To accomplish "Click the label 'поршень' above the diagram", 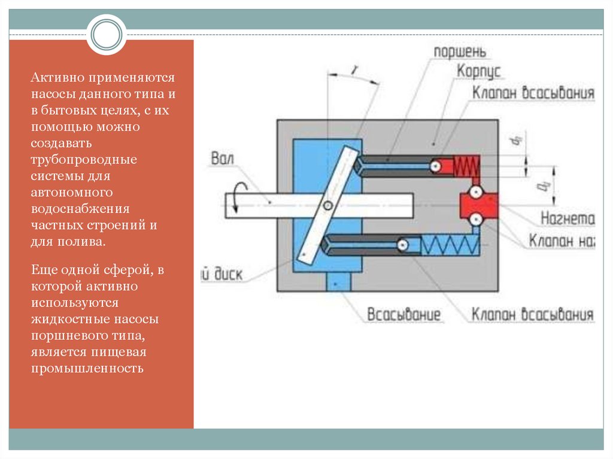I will pos(460,52).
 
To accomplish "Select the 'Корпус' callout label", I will pos(478,72).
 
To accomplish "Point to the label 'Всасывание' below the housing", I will pos(404,315).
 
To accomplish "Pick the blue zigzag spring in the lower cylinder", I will pos(449,245).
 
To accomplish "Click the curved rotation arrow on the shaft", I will pos(238,197).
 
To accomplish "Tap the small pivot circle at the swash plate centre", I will pos(327,206).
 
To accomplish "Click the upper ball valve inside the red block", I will pos(476,193).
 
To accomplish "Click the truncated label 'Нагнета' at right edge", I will pos(567,218).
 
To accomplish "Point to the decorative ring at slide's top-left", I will pos(107,34).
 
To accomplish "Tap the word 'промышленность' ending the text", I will pos(87,368).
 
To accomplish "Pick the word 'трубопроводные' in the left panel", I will pos(84,160).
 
